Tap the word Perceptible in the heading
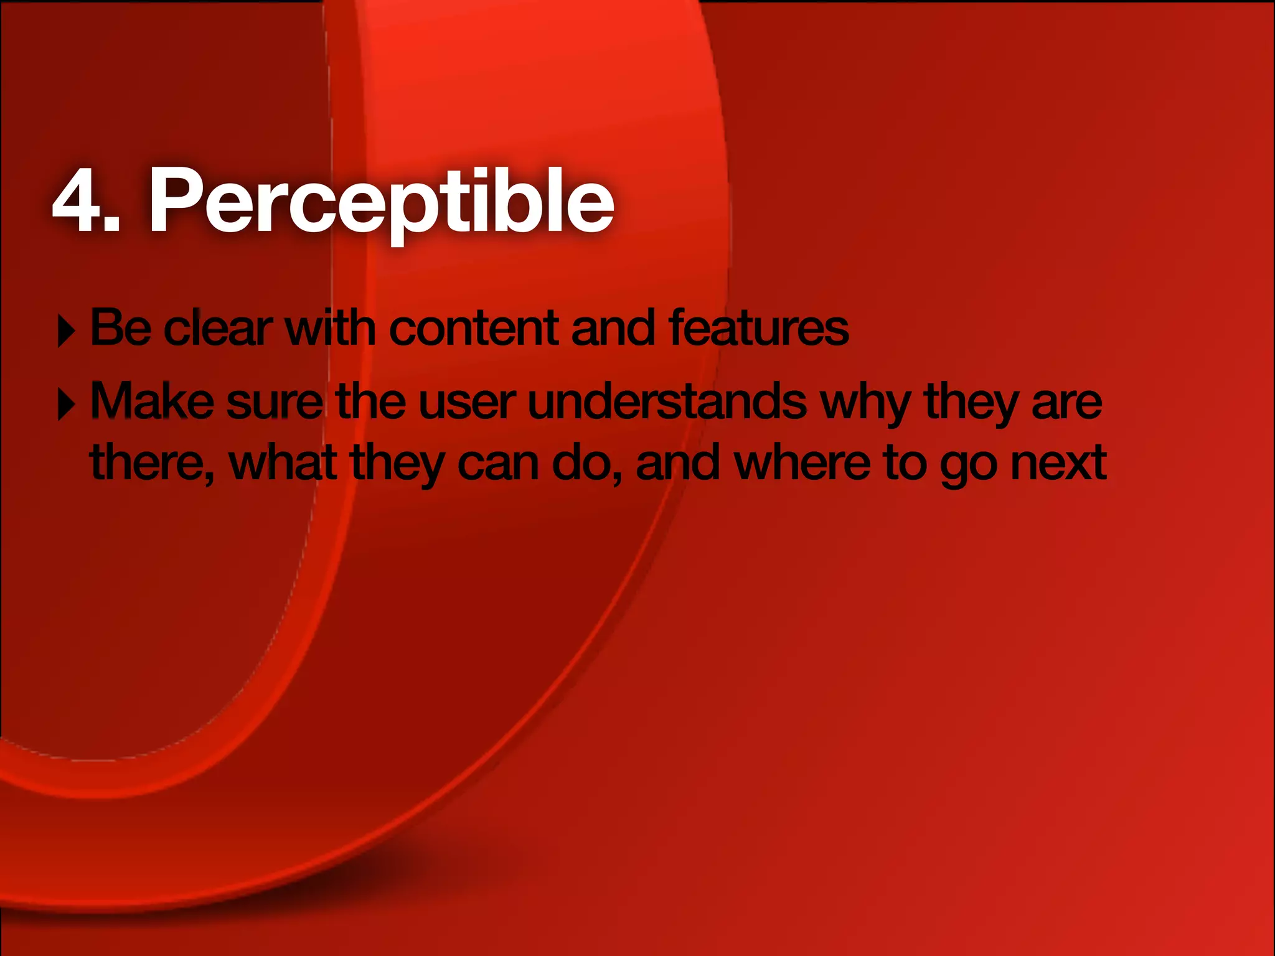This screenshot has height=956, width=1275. click(x=381, y=201)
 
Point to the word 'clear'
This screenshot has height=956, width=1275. click(x=218, y=328)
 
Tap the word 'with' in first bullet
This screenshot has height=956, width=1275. click(x=330, y=328)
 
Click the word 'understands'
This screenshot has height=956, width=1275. click(x=667, y=401)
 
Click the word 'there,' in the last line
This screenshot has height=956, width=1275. click(x=152, y=464)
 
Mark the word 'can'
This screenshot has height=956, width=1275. click(x=498, y=464)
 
